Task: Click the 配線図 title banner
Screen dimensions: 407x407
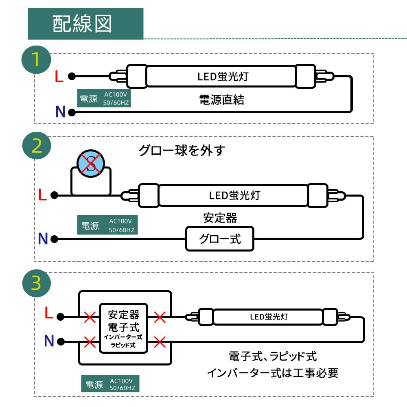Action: [x=85, y=24]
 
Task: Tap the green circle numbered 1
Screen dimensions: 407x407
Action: [x=36, y=60]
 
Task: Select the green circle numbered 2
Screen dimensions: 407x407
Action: [x=36, y=146]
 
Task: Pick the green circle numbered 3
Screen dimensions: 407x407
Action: [x=36, y=284]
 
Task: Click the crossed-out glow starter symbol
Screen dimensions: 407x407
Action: [x=91, y=164]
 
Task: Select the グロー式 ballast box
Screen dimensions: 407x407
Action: [x=220, y=239]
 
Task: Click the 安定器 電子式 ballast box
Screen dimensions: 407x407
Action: [x=123, y=329]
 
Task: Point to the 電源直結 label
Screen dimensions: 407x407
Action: [x=221, y=100]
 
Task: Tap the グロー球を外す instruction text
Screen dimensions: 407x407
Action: [x=182, y=151]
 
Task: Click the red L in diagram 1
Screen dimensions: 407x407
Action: [x=59, y=77]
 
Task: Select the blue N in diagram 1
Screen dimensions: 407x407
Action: [x=60, y=112]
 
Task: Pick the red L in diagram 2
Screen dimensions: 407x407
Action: [x=42, y=195]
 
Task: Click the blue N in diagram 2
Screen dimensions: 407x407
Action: [x=43, y=239]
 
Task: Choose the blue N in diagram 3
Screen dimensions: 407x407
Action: [x=49, y=341]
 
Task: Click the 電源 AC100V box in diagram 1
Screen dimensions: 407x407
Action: [x=104, y=98]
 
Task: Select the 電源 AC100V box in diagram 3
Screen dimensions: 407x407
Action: [x=110, y=384]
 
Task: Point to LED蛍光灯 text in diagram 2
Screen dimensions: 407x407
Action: [x=234, y=195]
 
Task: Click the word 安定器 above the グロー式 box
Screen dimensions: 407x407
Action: [x=220, y=218]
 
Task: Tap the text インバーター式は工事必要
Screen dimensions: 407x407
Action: [x=272, y=373]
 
